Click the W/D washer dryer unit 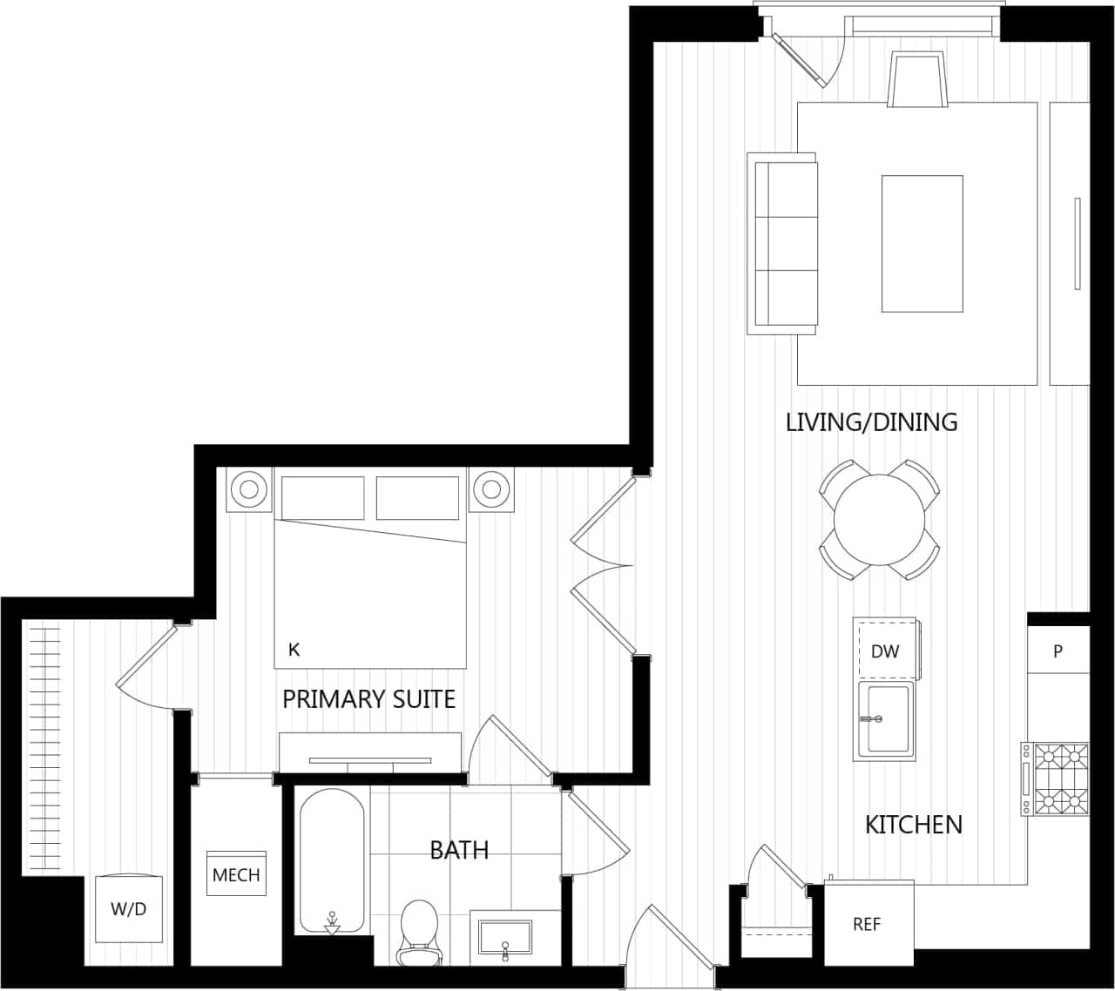click(x=129, y=908)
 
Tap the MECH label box click(x=236, y=874)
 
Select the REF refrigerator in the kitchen click(x=868, y=924)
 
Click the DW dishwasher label click(x=885, y=651)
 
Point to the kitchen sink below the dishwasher click(x=885, y=719)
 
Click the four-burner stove click(x=1056, y=779)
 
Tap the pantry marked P click(x=1058, y=651)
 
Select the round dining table click(x=879, y=520)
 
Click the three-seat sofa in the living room click(x=782, y=243)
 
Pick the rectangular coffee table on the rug click(x=922, y=243)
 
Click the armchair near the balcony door click(x=917, y=79)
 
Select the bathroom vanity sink click(x=505, y=937)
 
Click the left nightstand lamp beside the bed click(x=249, y=489)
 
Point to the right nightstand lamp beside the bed click(x=492, y=489)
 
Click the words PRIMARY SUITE click(x=368, y=698)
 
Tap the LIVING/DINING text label click(x=871, y=422)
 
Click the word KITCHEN click(x=913, y=824)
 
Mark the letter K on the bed click(x=294, y=650)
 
